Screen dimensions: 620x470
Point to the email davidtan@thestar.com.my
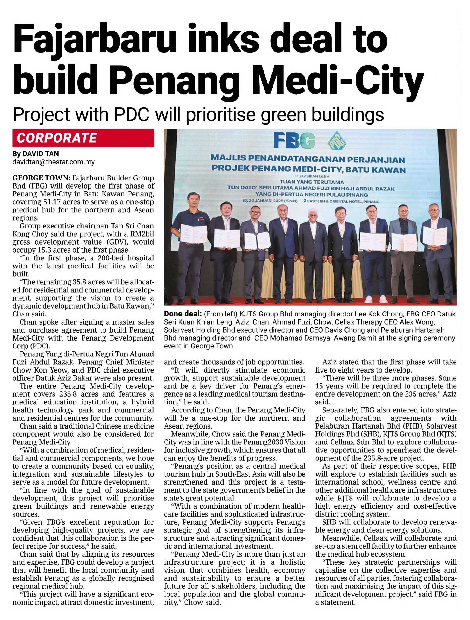[53, 162]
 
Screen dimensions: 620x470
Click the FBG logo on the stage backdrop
[294, 141]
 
